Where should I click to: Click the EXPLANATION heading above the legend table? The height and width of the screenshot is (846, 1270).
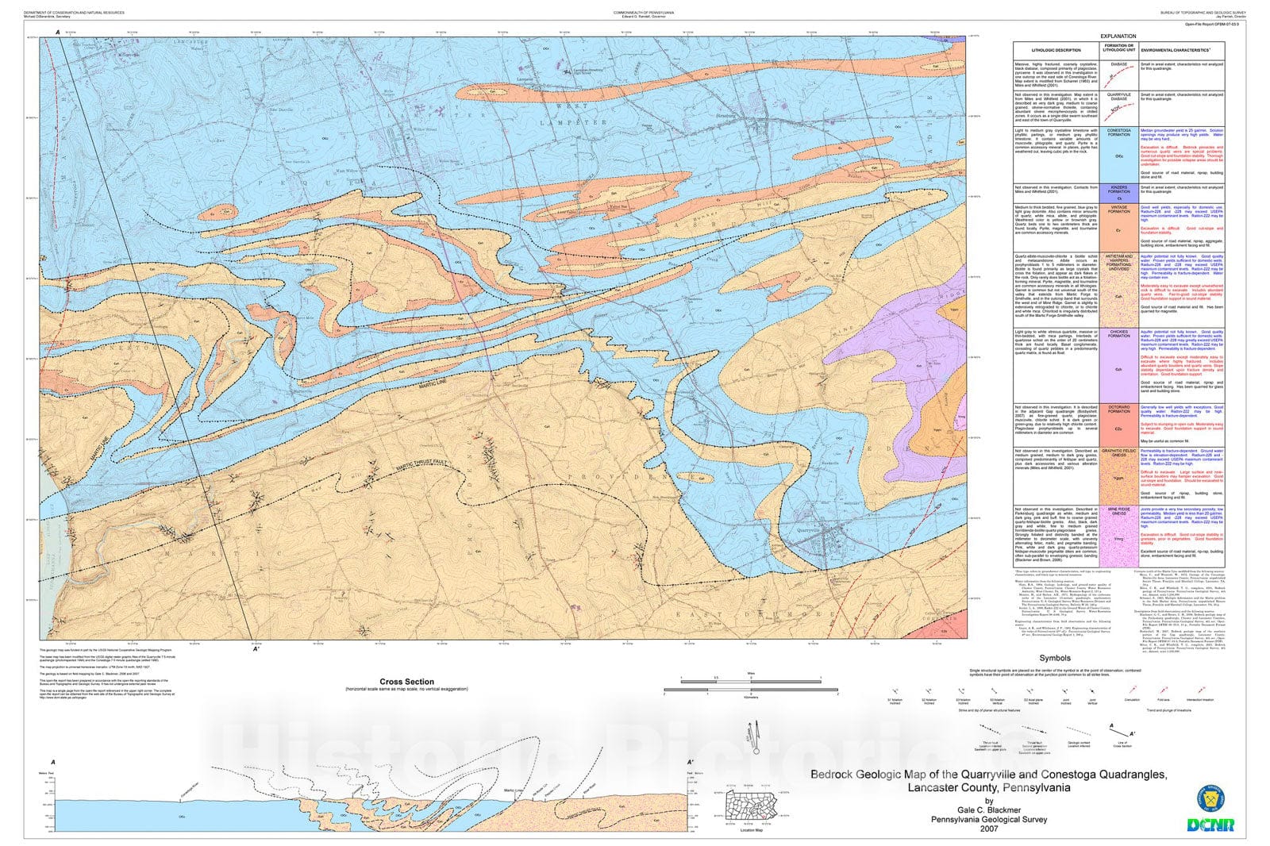[1117, 37]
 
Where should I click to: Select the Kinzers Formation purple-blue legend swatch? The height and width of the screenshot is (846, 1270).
[1118, 192]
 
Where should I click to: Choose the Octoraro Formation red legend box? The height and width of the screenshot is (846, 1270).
[1118, 421]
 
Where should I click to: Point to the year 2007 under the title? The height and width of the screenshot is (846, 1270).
[989, 829]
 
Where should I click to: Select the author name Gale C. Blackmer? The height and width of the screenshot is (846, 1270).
[989, 810]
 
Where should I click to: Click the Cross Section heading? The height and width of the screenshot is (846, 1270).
[406, 682]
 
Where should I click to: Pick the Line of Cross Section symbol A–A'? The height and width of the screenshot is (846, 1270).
[1122, 727]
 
